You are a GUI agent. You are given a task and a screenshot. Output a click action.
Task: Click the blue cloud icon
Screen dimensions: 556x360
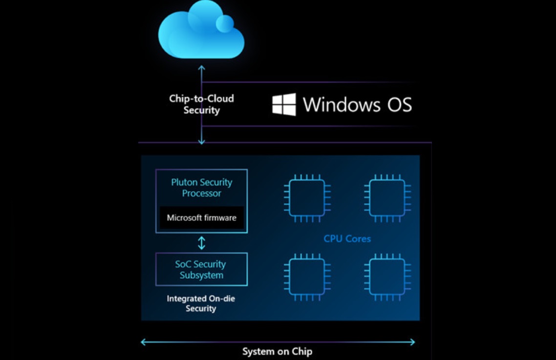[201, 30]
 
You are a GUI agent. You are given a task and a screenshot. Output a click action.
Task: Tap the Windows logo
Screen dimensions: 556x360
[284, 104]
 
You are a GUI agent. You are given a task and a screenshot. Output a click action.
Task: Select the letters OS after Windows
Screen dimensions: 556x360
[399, 105]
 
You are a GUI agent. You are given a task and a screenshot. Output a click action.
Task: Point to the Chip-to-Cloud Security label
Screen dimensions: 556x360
[201, 104]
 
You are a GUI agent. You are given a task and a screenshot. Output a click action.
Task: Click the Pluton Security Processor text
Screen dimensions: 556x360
[201, 188]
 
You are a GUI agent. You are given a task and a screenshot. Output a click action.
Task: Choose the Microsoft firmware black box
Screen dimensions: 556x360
[201, 217]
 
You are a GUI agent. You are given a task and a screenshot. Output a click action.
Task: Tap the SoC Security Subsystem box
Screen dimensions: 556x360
[201, 269]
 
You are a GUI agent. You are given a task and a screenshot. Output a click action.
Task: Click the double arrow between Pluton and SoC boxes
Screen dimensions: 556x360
[201, 243]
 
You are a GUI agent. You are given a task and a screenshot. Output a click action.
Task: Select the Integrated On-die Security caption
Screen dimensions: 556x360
[201, 303]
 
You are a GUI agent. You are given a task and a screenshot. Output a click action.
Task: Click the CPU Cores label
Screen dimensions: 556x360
[347, 239]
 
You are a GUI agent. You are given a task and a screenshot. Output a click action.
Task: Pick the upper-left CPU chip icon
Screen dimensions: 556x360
[307, 198]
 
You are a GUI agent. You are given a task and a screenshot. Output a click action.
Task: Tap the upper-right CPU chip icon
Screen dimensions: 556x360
[387, 198]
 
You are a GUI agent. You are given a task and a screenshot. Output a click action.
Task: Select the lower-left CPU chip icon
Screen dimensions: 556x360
[307, 277]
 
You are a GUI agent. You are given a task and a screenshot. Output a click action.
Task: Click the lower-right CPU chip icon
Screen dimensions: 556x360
[387, 277]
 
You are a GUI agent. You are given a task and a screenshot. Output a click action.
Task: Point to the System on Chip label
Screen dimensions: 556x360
[278, 352]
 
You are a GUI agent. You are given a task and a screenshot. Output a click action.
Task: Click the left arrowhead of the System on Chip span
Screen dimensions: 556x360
[143, 342]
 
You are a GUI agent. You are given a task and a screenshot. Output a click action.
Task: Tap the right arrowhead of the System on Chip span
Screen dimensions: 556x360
[412, 342]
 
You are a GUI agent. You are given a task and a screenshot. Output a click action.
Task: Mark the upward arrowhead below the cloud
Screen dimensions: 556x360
[201, 67]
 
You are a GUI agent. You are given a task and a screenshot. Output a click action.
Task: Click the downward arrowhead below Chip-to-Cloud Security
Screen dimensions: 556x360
[201, 142]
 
